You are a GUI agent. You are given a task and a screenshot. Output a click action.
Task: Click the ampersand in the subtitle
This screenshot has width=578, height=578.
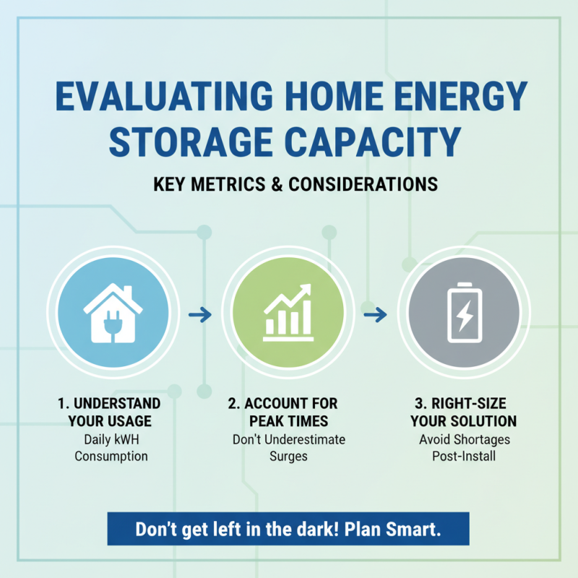tap(277, 184)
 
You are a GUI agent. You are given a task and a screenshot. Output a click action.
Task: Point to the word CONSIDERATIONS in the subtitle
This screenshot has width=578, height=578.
tap(363, 184)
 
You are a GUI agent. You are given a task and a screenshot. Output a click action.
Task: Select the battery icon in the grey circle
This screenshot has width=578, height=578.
tap(464, 312)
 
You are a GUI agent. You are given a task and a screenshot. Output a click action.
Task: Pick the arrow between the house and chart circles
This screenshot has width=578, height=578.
tap(202, 314)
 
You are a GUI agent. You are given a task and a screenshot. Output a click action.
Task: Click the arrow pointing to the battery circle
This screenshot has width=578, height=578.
tap(376, 314)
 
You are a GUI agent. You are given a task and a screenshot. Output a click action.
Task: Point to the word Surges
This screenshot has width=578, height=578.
tap(288, 456)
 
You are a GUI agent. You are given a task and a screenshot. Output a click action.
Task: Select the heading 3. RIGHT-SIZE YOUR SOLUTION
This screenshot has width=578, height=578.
tap(463, 411)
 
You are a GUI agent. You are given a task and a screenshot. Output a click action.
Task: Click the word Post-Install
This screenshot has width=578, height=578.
tap(462, 456)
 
